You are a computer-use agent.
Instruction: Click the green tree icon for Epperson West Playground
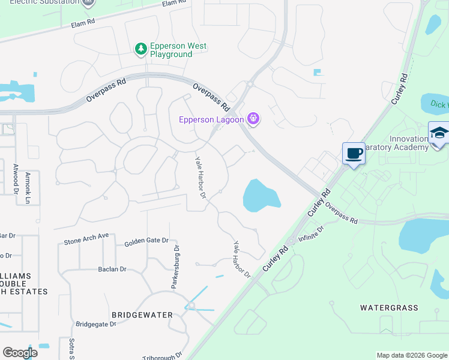141,49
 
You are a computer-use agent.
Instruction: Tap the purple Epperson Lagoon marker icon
254,119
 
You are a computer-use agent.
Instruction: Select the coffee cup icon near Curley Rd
354,154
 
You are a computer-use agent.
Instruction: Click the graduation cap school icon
438,133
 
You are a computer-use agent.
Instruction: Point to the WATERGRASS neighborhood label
388,308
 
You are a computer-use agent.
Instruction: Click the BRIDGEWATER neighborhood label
142,314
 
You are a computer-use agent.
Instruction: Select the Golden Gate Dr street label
146,241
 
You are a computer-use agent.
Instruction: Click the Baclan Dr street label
112,269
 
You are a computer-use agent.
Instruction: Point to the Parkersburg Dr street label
176,266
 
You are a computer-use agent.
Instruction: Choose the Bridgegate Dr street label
96,324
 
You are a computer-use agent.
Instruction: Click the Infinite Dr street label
311,233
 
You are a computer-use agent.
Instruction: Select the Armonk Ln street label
28,180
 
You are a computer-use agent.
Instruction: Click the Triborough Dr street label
161,356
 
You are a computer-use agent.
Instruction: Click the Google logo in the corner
20,353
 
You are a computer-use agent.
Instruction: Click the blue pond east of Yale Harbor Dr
261,196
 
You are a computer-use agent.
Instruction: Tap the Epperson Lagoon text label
211,119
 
